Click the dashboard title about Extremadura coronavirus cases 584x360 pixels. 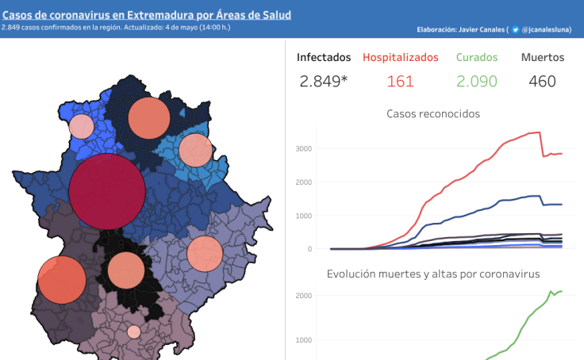[x=146, y=14]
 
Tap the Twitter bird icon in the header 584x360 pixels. [x=516, y=29]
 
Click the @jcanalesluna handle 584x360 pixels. [x=547, y=29]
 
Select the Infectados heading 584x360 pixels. [x=324, y=57]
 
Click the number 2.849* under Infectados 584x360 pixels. [x=324, y=81]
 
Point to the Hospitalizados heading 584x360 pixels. [x=400, y=57]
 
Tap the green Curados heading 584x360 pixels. [x=477, y=57]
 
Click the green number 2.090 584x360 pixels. [x=477, y=81]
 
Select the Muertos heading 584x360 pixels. [x=543, y=57]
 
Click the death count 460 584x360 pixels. [x=543, y=81]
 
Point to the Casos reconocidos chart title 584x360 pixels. [x=433, y=113]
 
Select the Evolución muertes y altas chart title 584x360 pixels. [x=433, y=274]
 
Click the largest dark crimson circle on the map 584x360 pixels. [x=107, y=191]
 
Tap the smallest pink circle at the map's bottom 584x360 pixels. [x=134, y=331]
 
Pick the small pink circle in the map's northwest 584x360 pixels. [x=81, y=126]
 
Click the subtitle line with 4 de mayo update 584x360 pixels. [x=116, y=29]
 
